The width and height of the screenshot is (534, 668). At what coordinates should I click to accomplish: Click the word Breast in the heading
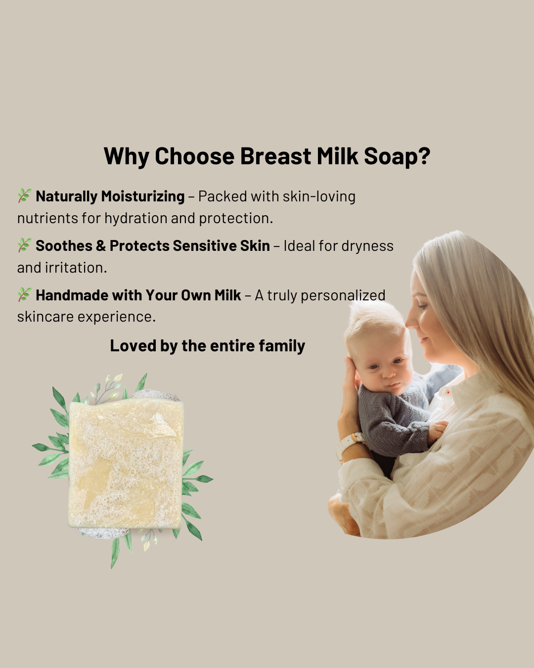275,156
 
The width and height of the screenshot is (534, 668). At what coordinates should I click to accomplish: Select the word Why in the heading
126,157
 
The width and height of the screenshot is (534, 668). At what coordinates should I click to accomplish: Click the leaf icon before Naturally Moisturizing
25,195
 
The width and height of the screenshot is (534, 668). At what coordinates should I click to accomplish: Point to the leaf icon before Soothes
25,245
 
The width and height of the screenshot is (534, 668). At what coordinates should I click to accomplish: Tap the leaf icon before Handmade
25,294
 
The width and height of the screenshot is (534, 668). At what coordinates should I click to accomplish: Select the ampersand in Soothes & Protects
101,246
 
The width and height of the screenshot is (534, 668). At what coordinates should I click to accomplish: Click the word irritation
76,268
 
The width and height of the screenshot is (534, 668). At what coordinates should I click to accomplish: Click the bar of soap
126,463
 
